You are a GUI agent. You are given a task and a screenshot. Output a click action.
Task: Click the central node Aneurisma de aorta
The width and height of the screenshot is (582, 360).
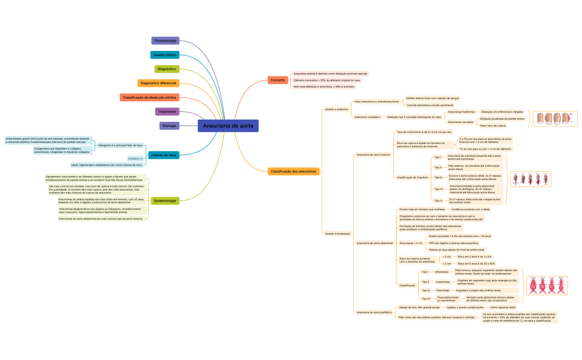[228, 126]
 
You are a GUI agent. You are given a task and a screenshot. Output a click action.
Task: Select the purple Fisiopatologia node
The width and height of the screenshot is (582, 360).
[165, 40]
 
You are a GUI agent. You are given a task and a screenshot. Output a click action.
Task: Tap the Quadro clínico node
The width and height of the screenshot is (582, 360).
[164, 55]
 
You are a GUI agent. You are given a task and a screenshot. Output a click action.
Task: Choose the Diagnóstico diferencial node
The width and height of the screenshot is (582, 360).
[158, 83]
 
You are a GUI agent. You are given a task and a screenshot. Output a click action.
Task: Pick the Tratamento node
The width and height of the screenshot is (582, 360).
[167, 111]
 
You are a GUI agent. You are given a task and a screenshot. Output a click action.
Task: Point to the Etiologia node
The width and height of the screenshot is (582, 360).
[169, 126]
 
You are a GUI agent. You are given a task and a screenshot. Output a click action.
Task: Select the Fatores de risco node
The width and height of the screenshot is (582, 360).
[164, 155]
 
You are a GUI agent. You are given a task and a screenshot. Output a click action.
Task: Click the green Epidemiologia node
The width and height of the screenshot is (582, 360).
[165, 200]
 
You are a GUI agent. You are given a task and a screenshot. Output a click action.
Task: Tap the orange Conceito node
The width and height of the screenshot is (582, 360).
[278, 80]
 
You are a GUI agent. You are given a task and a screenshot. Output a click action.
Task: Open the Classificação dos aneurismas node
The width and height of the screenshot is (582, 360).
[293, 172]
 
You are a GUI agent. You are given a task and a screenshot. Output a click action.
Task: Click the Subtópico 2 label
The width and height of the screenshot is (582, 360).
[135, 158]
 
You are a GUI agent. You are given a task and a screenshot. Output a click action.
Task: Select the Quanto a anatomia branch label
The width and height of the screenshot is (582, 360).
[336, 109]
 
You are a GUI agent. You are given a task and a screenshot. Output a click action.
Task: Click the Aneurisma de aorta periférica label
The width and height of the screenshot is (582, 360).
[374, 312]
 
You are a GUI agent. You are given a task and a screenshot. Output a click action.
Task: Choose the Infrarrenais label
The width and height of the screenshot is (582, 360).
[441, 272]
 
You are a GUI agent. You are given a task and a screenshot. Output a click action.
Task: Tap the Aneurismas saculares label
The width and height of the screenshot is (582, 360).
[460, 122]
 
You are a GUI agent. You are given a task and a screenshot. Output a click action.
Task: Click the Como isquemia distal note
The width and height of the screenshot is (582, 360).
[502, 307]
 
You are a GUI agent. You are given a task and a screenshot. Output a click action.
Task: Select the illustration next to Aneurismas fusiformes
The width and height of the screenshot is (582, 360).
[555, 118]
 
